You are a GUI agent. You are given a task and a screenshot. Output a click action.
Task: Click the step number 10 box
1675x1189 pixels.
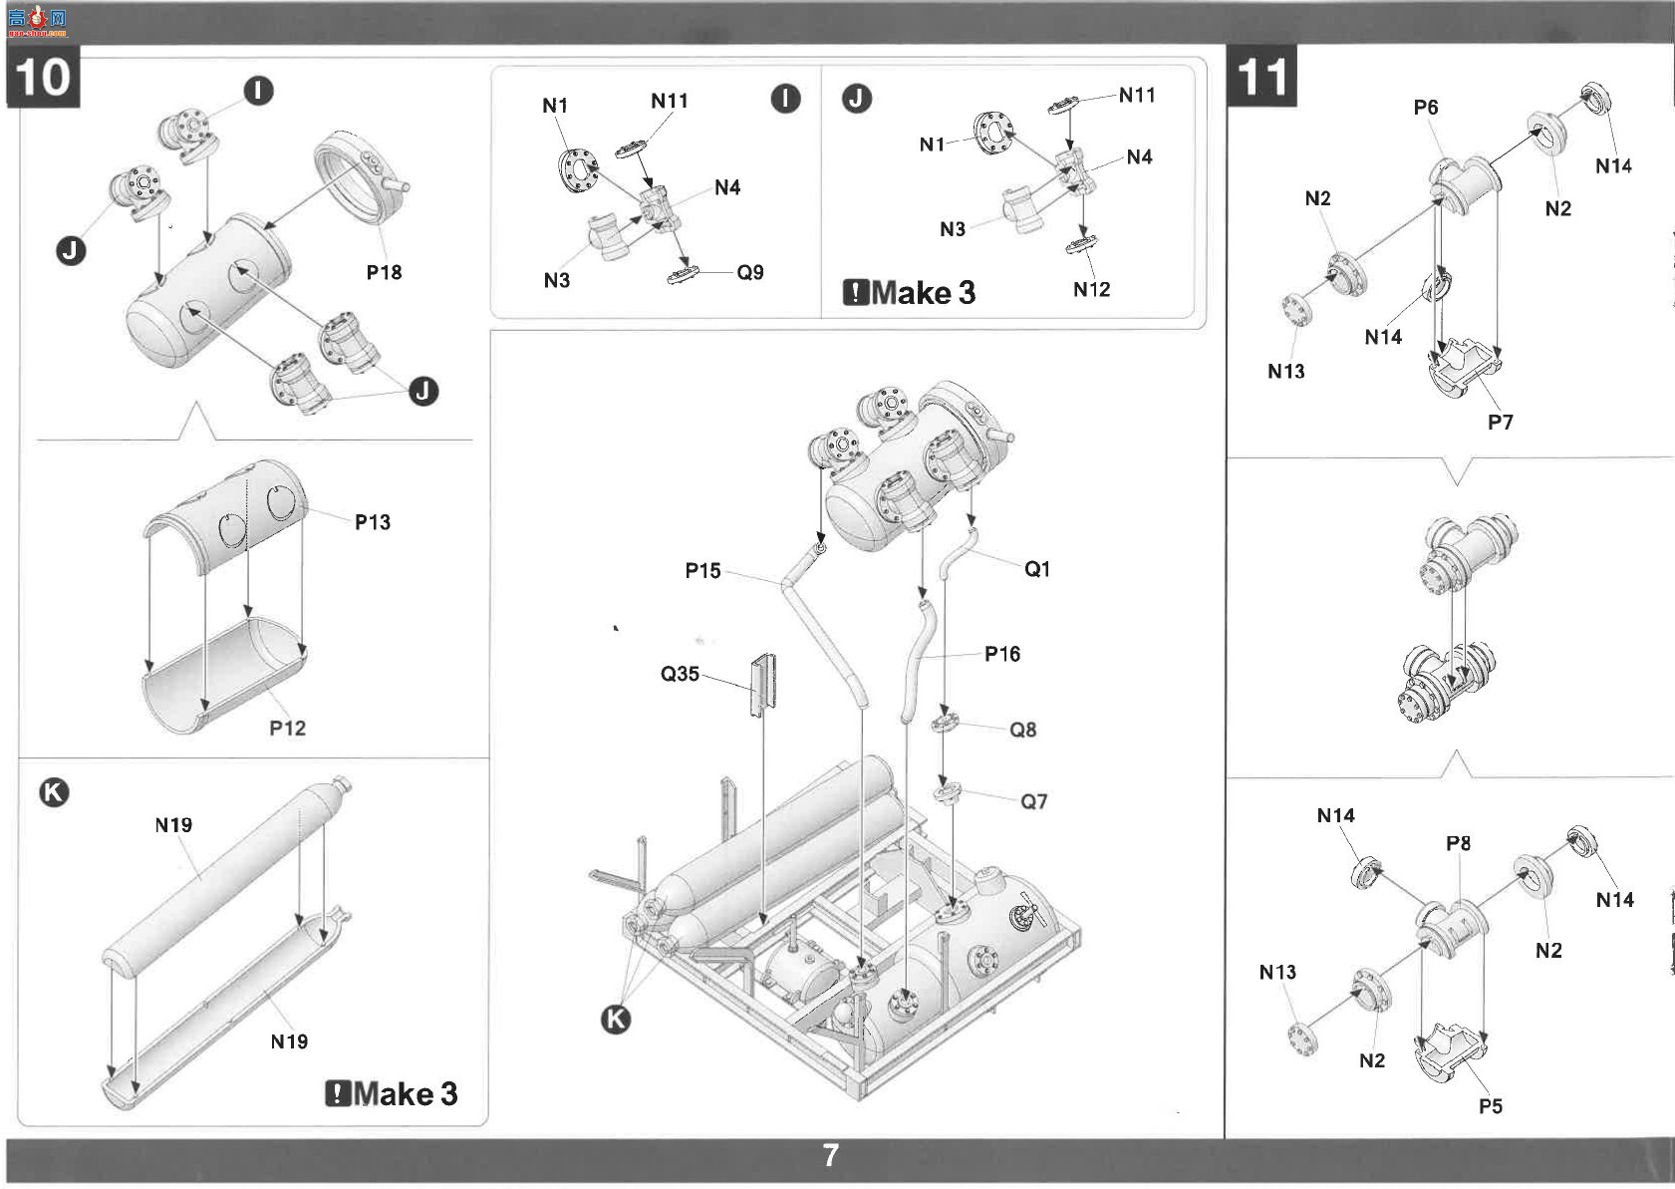(x=44, y=77)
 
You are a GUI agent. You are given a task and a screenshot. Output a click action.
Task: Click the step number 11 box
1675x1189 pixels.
(x=1263, y=77)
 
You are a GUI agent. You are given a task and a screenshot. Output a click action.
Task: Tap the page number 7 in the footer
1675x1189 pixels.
(x=831, y=1155)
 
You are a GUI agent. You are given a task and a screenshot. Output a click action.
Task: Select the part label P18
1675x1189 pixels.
(x=384, y=272)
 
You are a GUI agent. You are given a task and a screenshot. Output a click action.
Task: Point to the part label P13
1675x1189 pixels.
(x=373, y=522)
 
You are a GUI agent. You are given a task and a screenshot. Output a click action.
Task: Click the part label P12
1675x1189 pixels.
(x=288, y=728)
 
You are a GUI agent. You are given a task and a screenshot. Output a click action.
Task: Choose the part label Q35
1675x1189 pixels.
(x=680, y=674)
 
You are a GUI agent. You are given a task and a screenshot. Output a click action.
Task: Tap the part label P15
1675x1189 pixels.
(x=702, y=570)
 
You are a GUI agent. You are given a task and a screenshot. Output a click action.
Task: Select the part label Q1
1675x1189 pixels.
(x=1037, y=569)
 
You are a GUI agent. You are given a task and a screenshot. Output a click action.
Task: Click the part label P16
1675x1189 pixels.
(x=1002, y=655)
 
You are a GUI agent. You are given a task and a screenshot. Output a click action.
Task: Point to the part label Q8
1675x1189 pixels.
(x=1023, y=730)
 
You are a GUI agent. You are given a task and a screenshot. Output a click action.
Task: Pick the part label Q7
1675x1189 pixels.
(x=1034, y=801)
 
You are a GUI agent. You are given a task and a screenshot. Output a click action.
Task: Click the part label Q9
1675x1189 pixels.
(x=750, y=272)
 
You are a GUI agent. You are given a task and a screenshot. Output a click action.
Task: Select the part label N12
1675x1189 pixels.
(x=1091, y=289)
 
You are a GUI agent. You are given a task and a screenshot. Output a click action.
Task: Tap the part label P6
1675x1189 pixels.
(x=1425, y=108)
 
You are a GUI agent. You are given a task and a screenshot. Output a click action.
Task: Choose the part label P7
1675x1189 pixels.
(x=1500, y=423)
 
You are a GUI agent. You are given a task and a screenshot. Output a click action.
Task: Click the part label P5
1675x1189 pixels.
(x=1491, y=1106)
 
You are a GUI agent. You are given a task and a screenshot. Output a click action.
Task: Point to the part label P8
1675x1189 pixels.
(x=1458, y=843)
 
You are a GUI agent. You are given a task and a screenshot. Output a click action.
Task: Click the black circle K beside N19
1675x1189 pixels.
(x=54, y=792)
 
